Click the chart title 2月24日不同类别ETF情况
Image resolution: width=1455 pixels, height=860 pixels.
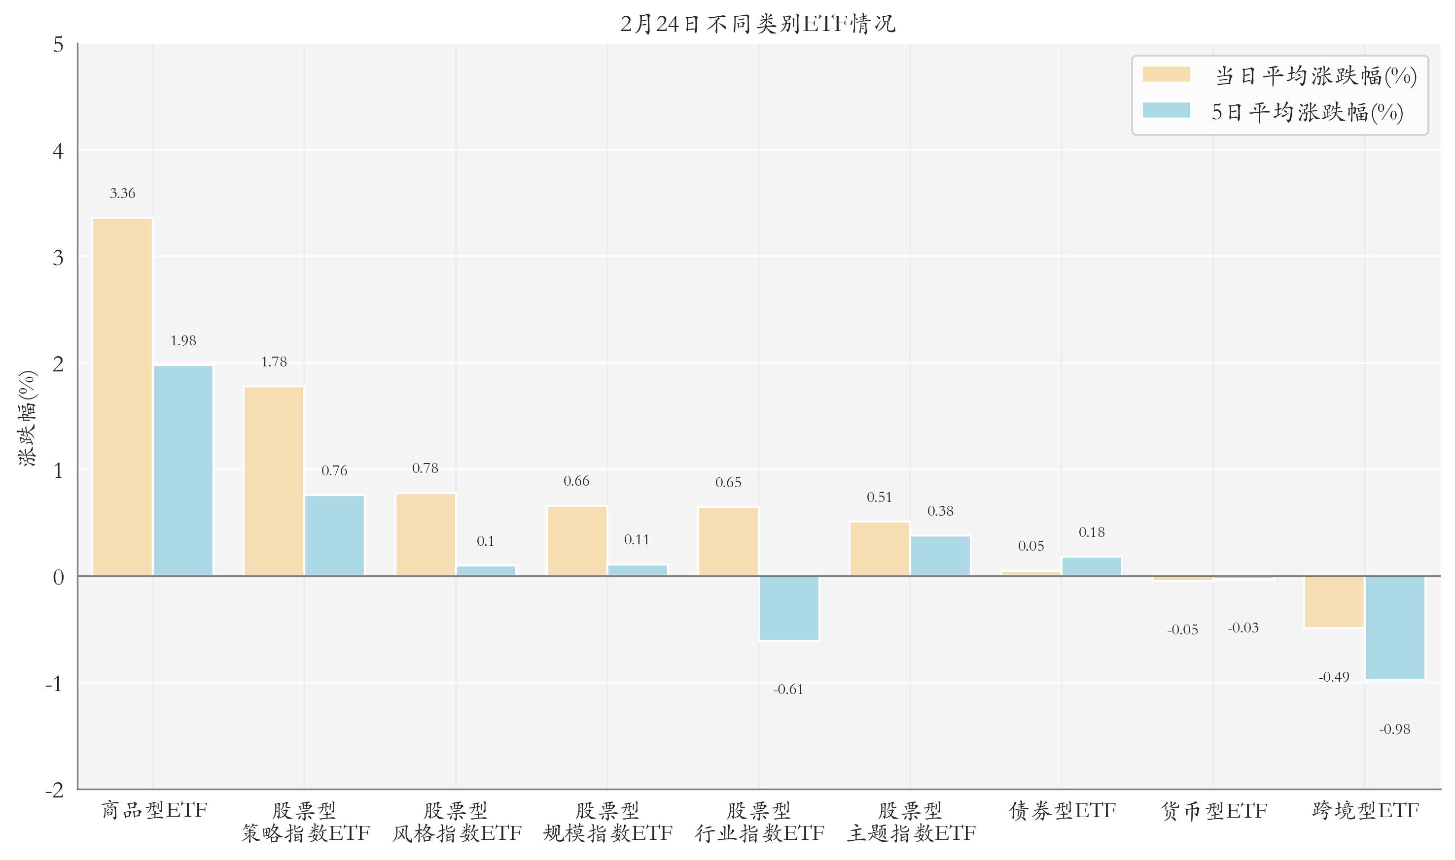coord(758,24)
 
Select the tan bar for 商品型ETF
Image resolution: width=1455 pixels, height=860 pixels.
coord(122,397)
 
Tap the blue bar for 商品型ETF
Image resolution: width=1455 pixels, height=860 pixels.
coord(183,470)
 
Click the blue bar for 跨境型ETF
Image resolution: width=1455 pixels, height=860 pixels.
coord(1395,628)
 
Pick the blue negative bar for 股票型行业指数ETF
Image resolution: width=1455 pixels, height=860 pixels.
coord(789,608)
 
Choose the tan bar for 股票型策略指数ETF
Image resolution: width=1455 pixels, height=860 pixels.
coord(274,481)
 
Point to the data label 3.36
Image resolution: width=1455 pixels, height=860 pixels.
coord(122,194)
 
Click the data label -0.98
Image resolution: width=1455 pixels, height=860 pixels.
coord(1395,729)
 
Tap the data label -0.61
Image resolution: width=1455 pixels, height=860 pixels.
coord(789,689)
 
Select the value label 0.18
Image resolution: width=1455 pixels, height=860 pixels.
coord(1092,532)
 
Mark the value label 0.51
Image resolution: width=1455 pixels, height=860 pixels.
coord(879,497)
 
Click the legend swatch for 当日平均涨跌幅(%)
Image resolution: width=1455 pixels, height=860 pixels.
coord(1166,75)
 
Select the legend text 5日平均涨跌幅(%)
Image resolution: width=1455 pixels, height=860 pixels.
coord(1307,112)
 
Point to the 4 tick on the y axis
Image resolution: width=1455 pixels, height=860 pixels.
coord(58,151)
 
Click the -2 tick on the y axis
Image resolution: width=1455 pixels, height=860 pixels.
coord(55,790)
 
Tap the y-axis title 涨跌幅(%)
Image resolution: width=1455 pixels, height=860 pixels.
coord(27,418)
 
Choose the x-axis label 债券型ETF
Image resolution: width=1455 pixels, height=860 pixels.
coord(1062,810)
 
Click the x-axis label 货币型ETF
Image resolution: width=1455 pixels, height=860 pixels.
coord(1214,810)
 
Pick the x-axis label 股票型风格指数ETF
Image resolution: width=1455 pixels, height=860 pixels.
coord(457,822)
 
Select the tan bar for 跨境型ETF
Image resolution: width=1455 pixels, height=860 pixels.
coord(1334,601)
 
